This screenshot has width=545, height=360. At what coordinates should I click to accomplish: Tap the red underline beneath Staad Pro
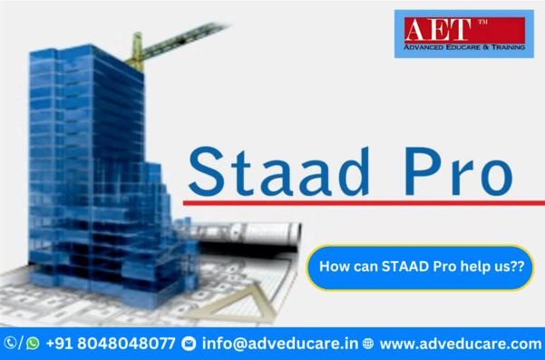(x=363, y=201)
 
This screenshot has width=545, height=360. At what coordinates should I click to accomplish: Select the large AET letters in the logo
(x=438, y=28)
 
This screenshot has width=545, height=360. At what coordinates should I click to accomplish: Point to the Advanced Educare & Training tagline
(x=462, y=46)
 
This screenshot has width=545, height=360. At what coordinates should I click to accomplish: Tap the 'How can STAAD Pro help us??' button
(x=419, y=268)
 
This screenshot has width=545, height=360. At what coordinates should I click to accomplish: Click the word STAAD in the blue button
(x=402, y=268)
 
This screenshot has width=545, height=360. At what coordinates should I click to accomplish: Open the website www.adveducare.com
(x=460, y=344)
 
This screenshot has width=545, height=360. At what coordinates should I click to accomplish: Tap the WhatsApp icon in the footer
(x=34, y=344)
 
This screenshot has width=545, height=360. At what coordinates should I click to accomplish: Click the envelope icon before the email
(x=189, y=344)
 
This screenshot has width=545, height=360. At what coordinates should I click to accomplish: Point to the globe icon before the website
(x=367, y=344)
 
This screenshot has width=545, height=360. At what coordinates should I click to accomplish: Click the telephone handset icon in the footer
(x=11, y=344)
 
